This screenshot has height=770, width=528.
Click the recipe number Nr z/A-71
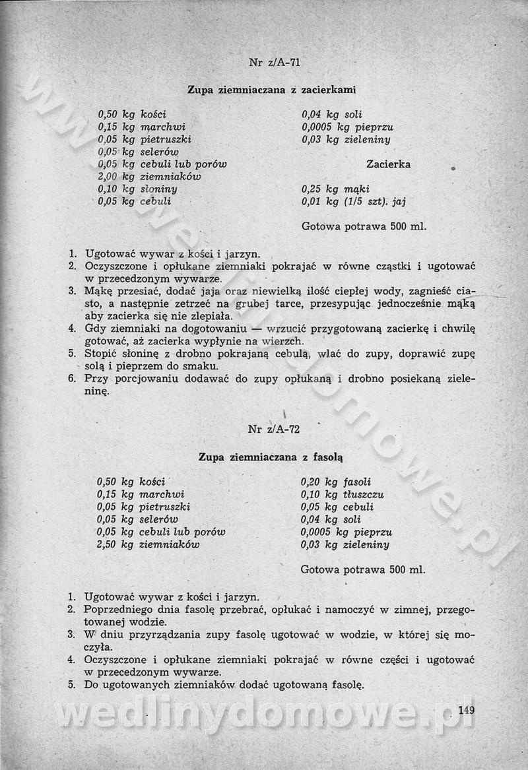[275, 63]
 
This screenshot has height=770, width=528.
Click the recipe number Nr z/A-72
[274, 429]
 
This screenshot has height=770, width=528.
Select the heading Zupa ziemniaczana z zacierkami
[272, 89]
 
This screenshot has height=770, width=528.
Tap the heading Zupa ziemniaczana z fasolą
[271, 456]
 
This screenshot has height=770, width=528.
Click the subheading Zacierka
[388, 164]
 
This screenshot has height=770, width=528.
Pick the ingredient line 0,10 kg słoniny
[137, 189]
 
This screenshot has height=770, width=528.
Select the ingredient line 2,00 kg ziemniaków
[149, 177]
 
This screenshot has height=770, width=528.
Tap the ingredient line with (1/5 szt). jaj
[358, 201]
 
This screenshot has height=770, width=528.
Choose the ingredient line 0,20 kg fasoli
[335, 482]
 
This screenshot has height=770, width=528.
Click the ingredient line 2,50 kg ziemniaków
[148, 545]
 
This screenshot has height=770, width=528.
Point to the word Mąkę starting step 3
[98, 291]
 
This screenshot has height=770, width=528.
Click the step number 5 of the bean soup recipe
[72, 685]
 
